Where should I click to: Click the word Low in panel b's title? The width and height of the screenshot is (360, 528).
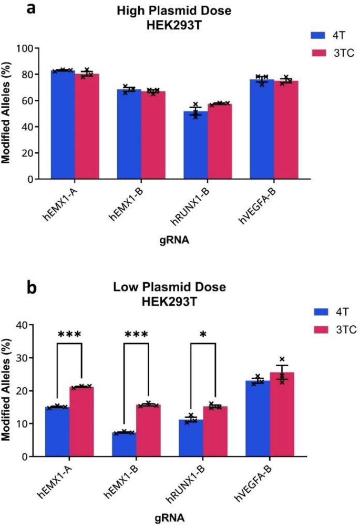(x=125, y=287)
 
